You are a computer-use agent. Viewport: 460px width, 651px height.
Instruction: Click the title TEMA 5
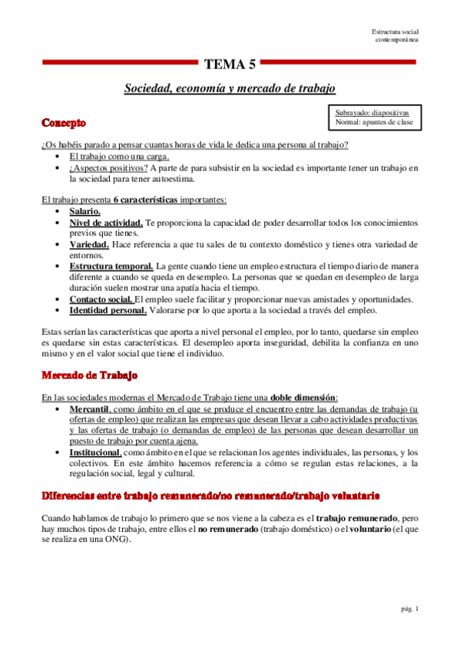[x=230, y=64]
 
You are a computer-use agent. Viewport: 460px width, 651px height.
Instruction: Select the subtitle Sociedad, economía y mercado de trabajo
[x=230, y=89]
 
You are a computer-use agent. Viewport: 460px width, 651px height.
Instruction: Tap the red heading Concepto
[x=64, y=123]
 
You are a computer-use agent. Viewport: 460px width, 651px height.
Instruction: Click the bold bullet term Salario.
[x=84, y=211]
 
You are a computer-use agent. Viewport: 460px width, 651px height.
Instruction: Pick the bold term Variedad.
[x=89, y=244]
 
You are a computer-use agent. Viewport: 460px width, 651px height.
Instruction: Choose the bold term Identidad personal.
[x=108, y=310]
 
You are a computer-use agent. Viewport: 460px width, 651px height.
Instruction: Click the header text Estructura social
[x=395, y=31]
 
